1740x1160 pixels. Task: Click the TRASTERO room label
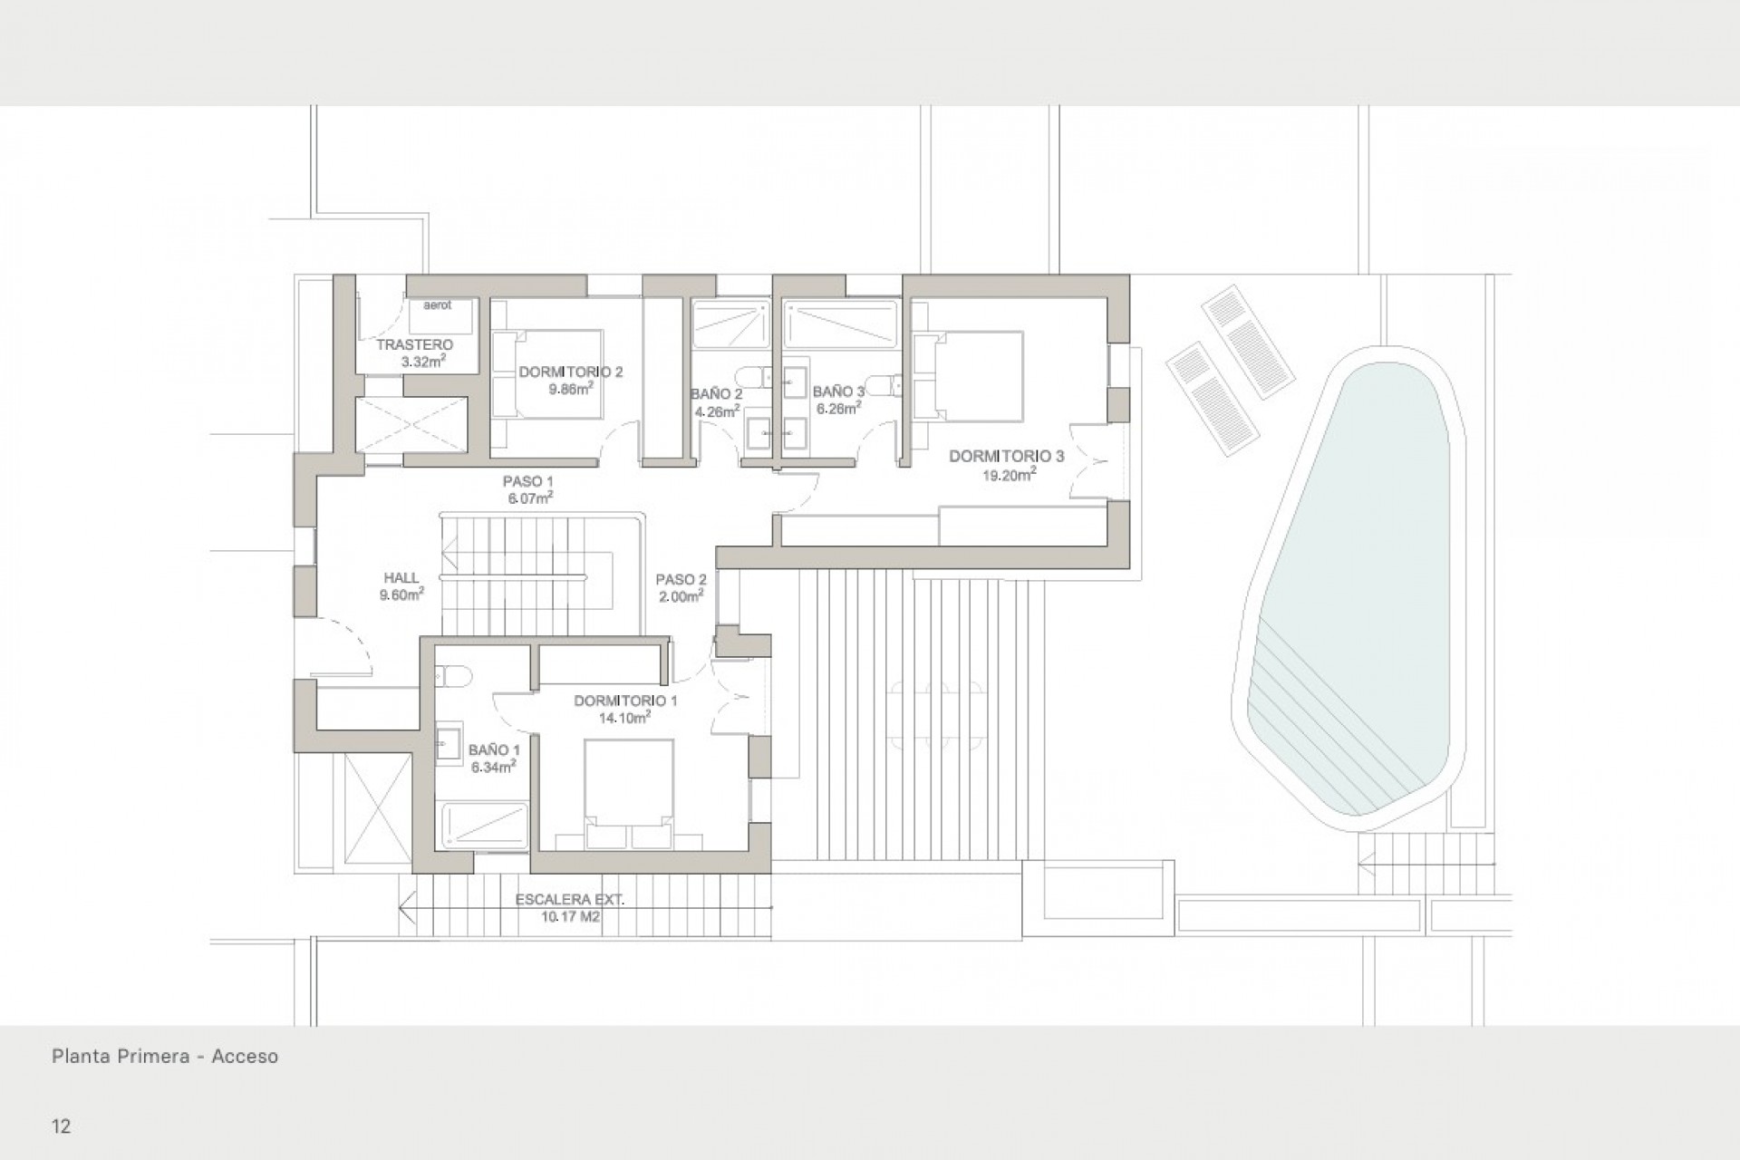[x=414, y=345]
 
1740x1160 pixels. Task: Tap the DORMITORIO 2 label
[x=570, y=372]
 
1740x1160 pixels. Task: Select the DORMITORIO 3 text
[x=1006, y=457]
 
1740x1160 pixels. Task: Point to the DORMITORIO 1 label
[x=625, y=701]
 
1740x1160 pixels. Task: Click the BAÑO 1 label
[x=494, y=750]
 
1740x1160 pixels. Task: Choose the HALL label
[x=401, y=578]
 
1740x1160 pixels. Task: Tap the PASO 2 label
[x=681, y=580]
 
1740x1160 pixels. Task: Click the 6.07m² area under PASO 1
[x=530, y=498]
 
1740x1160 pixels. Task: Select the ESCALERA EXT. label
[x=570, y=900]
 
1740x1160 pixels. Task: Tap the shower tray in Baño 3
[x=838, y=324]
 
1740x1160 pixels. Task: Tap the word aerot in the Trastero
[x=437, y=305]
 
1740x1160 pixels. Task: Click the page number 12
[x=61, y=1127]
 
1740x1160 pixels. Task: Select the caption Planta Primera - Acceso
[x=164, y=1057]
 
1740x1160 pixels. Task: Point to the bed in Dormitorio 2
[x=548, y=373]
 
